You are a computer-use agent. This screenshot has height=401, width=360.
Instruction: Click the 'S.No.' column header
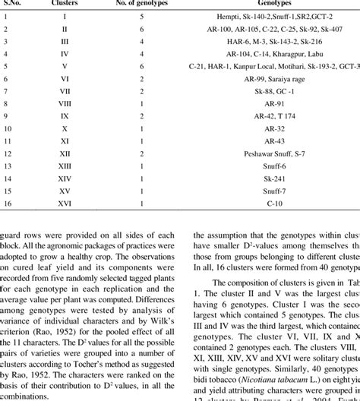point(17,5)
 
